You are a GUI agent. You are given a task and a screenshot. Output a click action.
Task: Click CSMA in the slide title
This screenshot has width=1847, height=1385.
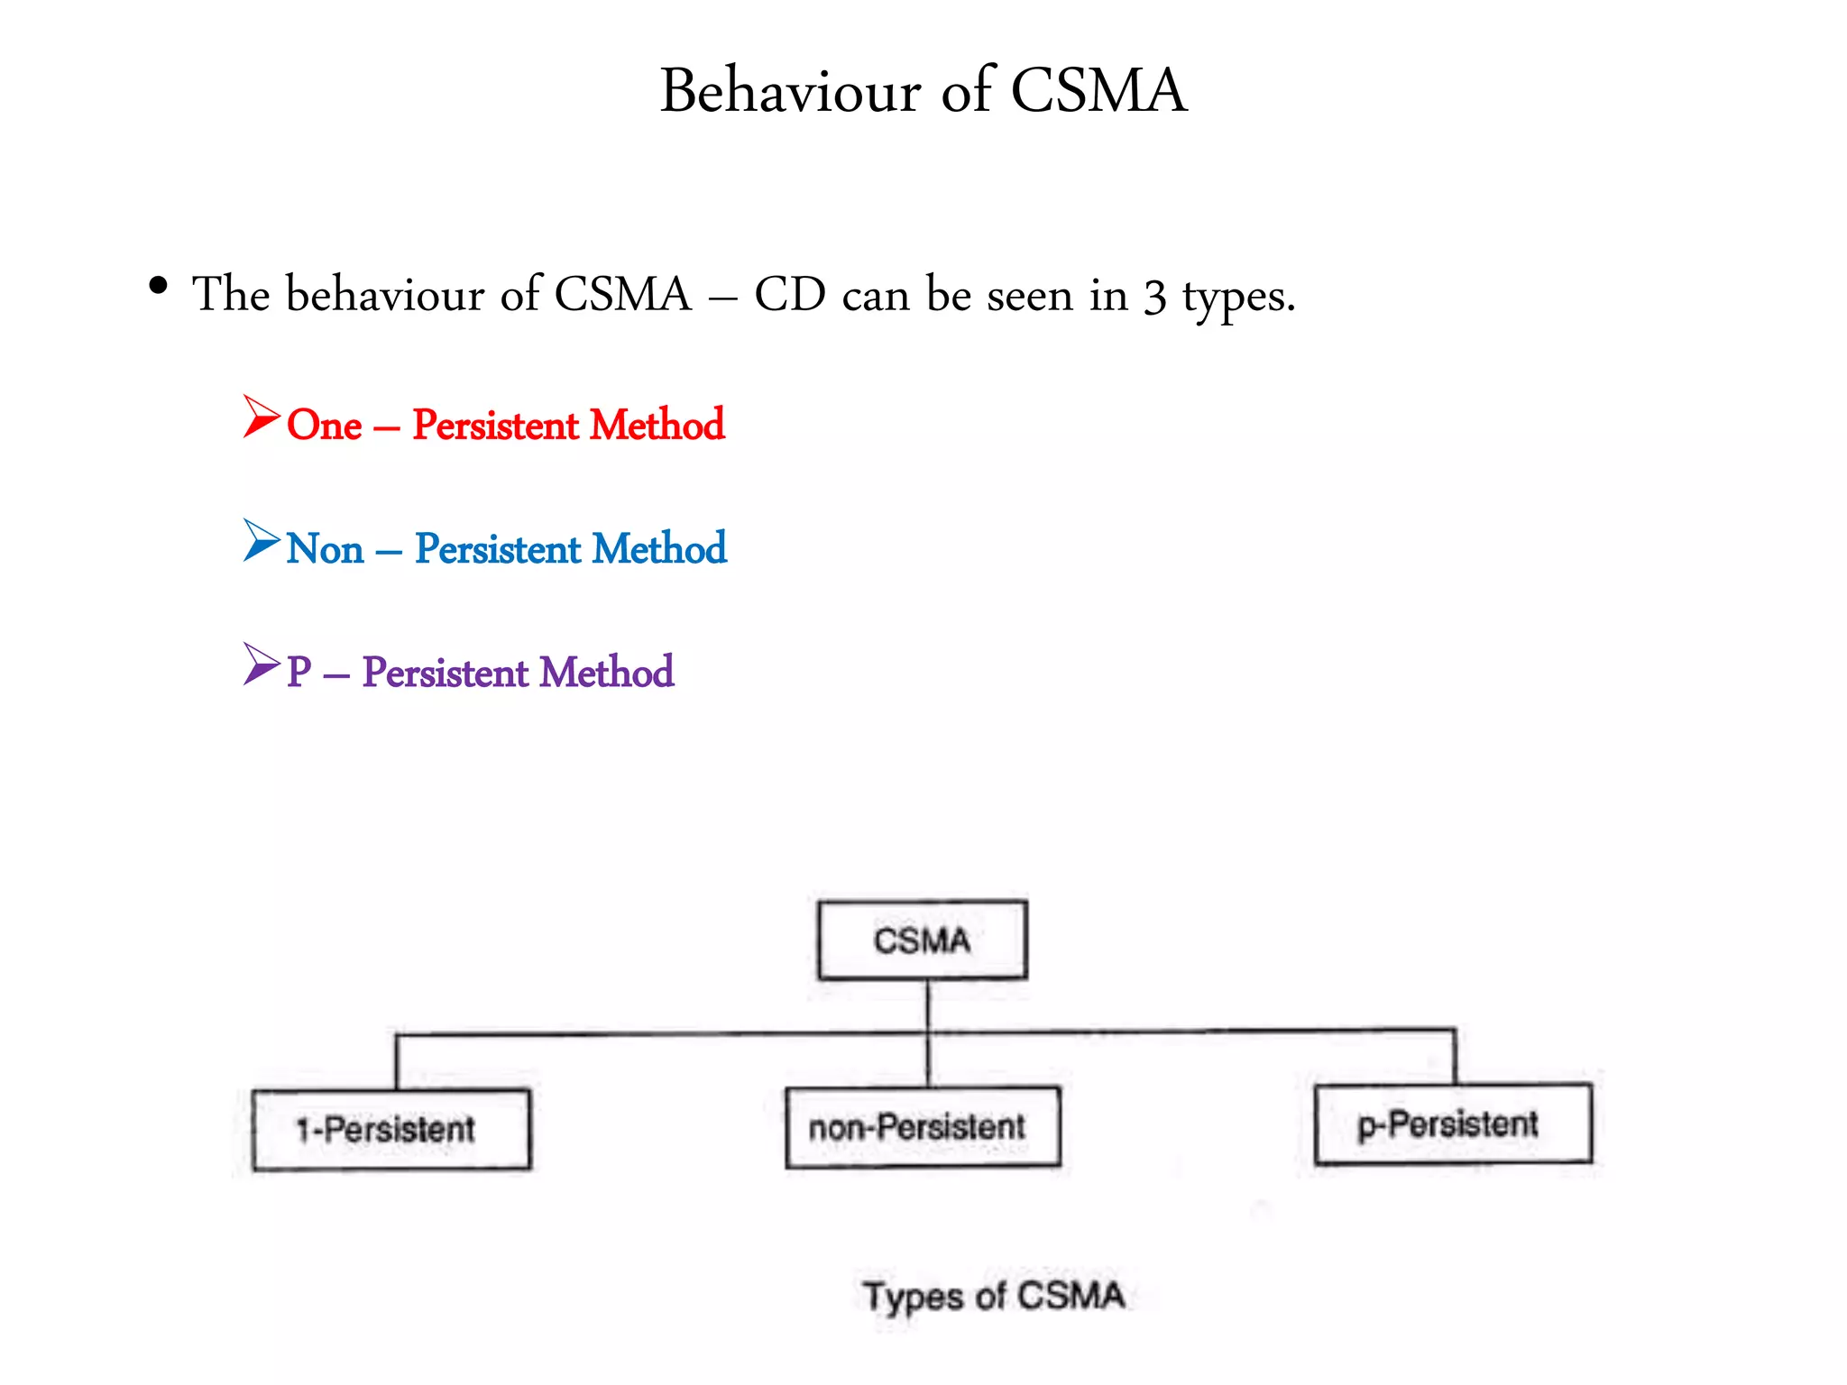pyautogui.click(x=1098, y=91)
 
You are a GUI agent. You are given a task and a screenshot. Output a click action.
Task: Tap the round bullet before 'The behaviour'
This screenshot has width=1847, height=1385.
pyautogui.click(x=159, y=287)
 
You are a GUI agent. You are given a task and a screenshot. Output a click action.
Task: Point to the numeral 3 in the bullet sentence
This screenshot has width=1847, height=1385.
pyautogui.click(x=1155, y=298)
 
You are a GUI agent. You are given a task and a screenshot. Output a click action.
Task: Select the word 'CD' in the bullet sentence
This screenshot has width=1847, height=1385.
pyautogui.click(x=790, y=295)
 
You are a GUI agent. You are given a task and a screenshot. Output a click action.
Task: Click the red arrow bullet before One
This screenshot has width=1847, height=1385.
pyautogui.click(x=262, y=417)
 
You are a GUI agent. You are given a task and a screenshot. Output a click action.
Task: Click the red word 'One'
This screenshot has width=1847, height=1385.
pyautogui.click(x=325, y=425)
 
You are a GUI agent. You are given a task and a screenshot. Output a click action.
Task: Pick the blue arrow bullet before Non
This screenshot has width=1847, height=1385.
pyautogui.click(x=262, y=540)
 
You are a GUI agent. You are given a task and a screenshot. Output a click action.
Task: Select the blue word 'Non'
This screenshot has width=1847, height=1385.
pyautogui.click(x=326, y=549)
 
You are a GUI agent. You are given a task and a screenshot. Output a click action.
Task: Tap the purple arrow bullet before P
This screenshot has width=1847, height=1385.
pyautogui.click(x=262, y=664)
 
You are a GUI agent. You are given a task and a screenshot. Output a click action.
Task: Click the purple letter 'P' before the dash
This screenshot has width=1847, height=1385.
pyautogui.click(x=299, y=673)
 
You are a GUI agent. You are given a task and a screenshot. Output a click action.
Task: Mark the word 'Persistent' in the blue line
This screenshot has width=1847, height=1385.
pyautogui.click(x=498, y=549)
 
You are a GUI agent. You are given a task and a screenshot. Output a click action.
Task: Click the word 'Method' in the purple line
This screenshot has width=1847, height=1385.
pyautogui.click(x=607, y=673)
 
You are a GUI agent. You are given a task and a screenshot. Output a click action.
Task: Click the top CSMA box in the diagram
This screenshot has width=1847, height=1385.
pyautogui.click(x=923, y=940)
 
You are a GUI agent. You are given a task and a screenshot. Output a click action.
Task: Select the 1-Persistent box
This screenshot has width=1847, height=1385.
pyautogui.click(x=391, y=1130)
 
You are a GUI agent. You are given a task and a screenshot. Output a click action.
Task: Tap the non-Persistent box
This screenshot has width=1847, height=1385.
pyautogui.click(x=923, y=1127)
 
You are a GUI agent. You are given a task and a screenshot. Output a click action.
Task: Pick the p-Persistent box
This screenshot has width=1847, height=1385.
pyautogui.click(x=1453, y=1124)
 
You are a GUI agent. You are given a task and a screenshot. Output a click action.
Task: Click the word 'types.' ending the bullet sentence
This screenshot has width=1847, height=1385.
pyautogui.click(x=1238, y=298)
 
